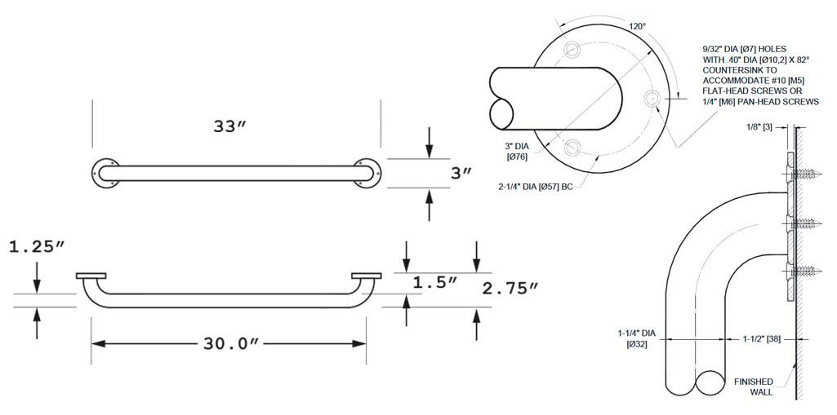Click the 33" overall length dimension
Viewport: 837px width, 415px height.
[x=230, y=127]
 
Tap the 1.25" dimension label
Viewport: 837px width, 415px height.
[x=38, y=247]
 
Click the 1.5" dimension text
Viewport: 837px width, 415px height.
[x=435, y=282]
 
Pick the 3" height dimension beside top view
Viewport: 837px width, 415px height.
[x=461, y=173]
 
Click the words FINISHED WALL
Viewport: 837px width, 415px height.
[x=753, y=386]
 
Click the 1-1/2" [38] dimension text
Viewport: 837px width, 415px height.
[x=762, y=339]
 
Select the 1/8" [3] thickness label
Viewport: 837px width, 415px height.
[x=760, y=127]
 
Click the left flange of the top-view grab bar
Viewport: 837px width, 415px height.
[x=105, y=173]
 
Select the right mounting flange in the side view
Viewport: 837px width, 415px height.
[x=367, y=276]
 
